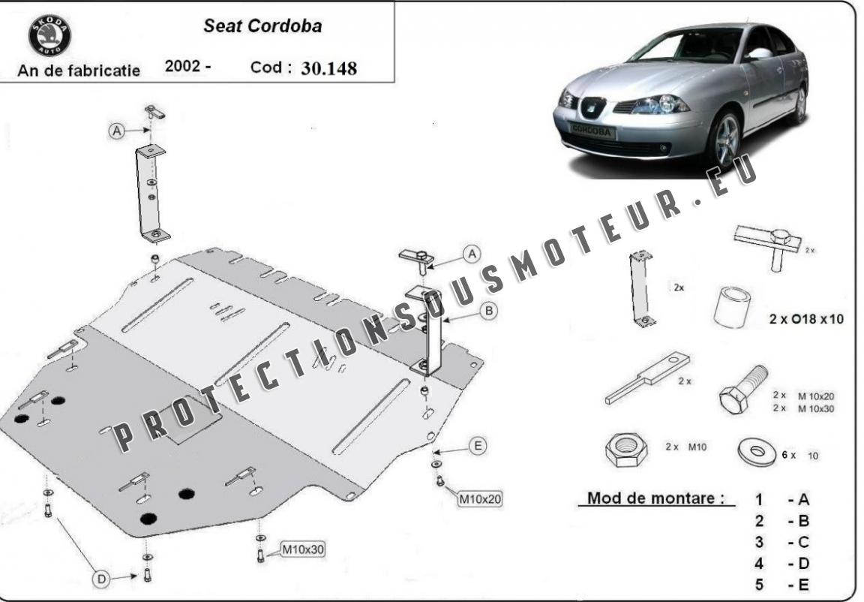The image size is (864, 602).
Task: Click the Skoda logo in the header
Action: tap(49, 36)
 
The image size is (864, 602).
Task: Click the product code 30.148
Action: tap(329, 68)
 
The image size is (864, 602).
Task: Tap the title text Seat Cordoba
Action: tap(262, 26)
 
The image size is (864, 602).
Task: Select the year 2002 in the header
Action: tap(182, 65)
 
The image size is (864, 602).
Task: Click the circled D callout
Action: tap(101, 579)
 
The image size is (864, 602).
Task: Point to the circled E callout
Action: tap(478, 445)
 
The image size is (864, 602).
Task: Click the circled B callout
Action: tap(489, 311)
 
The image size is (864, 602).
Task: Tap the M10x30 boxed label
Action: tap(303, 549)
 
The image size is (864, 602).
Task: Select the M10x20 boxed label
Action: tap(481, 499)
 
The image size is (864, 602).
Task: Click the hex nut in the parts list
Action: tap(625, 450)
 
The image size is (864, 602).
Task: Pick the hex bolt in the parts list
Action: tap(742, 390)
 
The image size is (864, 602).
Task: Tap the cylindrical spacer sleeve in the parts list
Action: tap(732, 307)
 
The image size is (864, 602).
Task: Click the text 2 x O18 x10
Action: tap(806, 319)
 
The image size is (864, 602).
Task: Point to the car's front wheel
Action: tap(724, 140)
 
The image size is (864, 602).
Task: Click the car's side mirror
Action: tap(760, 53)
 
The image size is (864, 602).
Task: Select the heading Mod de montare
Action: tap(655, 498)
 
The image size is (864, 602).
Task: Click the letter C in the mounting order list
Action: tap(803, 542)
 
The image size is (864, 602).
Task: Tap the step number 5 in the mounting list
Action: tap(759, 585)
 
